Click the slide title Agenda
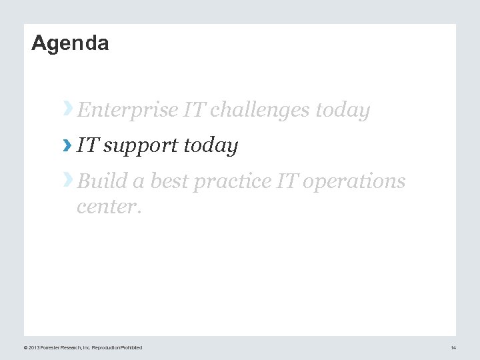70,43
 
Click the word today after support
213,145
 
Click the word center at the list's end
108,207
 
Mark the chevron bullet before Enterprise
67,108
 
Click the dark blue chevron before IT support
67,144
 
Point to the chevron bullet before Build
67,179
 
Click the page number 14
453,348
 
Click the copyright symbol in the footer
25,348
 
